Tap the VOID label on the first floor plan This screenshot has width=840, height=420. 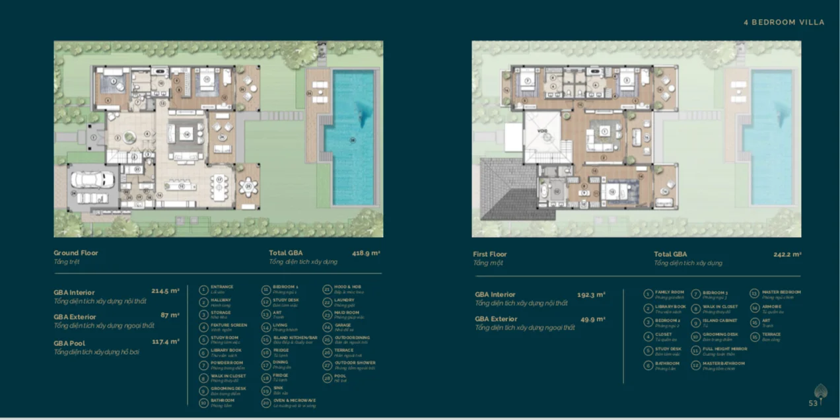click(540, 131)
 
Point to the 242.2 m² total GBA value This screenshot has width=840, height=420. click(787, 254)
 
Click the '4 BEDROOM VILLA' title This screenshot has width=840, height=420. click(784, 22)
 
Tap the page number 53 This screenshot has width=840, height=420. click(813, 403)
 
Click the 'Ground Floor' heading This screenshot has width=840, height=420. click(75, 253)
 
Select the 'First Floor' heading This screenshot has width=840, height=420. click(490, 254)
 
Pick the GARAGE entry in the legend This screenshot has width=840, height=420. click(343, 325)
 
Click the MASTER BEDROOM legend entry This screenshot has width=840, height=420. click(781, 292)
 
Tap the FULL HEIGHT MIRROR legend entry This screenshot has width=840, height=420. click(724, 349)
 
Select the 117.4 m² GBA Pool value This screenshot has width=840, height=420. click(165, 341)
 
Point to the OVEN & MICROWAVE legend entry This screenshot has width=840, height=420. click(295, 400)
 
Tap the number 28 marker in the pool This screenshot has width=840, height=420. click(353, 139)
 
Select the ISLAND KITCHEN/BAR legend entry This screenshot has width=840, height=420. click(295, 337)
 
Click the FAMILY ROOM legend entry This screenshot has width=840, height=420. click(669, 292)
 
